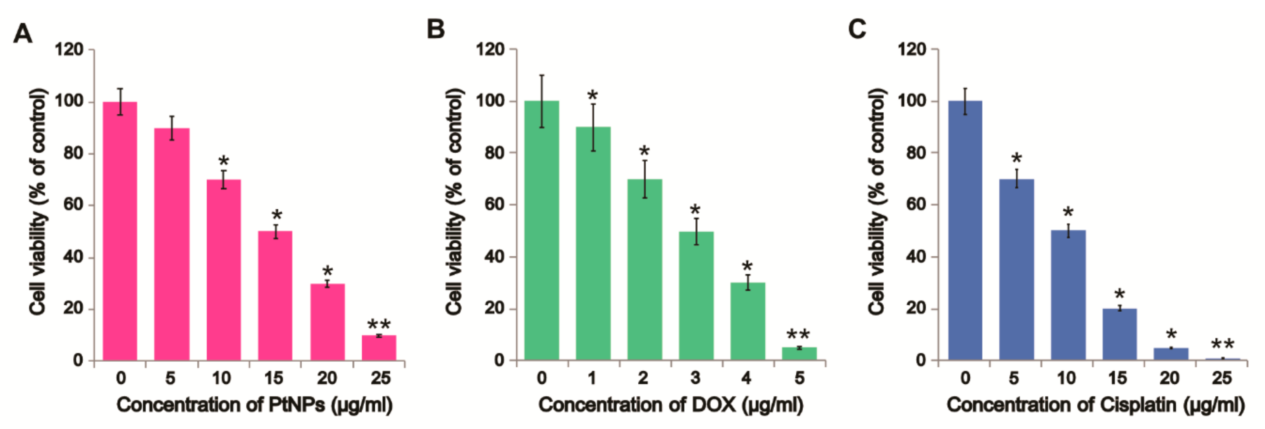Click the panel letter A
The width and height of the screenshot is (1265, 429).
tap(23, 34)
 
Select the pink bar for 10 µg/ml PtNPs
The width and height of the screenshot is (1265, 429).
tap(223, 270)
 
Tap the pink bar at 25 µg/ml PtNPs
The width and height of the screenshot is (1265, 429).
tap(379, 348)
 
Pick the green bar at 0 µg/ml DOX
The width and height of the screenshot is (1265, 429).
tap(542, 231)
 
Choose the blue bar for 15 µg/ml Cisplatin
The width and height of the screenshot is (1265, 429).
tap(1120, 334)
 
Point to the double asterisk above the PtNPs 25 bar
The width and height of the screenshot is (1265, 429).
tap(379, 325)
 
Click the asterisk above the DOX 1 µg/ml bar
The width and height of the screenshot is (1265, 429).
tap(593, 95)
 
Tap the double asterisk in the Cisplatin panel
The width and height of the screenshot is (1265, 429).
tap(1222, 344)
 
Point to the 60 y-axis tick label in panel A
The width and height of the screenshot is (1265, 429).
tap(73, 204)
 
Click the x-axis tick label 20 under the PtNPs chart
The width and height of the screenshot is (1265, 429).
tap(327, 378)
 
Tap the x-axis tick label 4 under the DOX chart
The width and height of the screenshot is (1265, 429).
tap(746, 378)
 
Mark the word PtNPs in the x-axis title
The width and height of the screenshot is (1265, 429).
tap(296, 405)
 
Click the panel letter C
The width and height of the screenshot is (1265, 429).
tap(857, 29)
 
